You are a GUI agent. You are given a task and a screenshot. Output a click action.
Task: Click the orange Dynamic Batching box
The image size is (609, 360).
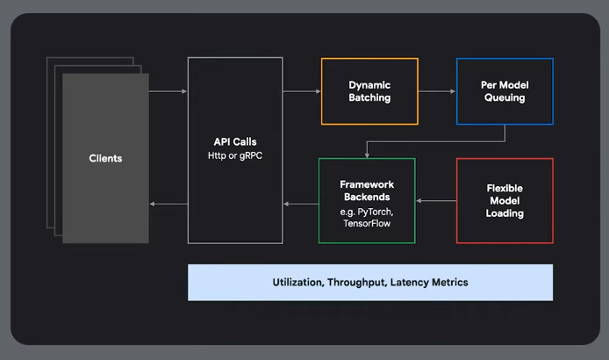369,91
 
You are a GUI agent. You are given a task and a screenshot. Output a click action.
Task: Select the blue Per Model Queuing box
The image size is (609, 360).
504,91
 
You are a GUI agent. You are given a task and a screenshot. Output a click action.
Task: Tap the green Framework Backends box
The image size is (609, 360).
367,200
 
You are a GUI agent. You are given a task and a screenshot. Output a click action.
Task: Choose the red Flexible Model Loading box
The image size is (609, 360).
505,200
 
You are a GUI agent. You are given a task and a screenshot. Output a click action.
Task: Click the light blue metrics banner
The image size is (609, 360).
369,282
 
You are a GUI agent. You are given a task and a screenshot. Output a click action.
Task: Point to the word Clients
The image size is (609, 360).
105,159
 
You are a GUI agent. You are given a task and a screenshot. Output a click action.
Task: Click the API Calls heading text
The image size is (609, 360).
235,141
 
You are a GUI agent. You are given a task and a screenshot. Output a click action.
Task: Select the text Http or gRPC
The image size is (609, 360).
235,156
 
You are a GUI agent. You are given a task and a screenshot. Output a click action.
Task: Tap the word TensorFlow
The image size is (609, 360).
367,226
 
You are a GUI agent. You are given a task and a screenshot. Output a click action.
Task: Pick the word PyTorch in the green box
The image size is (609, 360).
377,213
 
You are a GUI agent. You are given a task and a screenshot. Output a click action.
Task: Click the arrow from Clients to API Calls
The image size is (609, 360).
168,91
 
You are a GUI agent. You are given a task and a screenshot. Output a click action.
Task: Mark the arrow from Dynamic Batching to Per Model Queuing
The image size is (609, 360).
436,91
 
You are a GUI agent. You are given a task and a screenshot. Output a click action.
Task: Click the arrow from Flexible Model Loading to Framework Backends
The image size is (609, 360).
436,201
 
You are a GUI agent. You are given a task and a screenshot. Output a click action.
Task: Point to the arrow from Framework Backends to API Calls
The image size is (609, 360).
301,205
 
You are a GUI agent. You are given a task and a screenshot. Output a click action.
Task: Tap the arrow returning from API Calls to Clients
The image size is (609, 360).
168,205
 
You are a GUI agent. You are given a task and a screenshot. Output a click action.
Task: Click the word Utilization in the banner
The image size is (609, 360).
299,282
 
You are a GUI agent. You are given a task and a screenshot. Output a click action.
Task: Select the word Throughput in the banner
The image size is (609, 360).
359,282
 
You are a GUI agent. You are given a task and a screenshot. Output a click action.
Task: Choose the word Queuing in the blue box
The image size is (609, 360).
504,98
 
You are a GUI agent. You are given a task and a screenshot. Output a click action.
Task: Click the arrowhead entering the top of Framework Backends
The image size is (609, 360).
367,155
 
